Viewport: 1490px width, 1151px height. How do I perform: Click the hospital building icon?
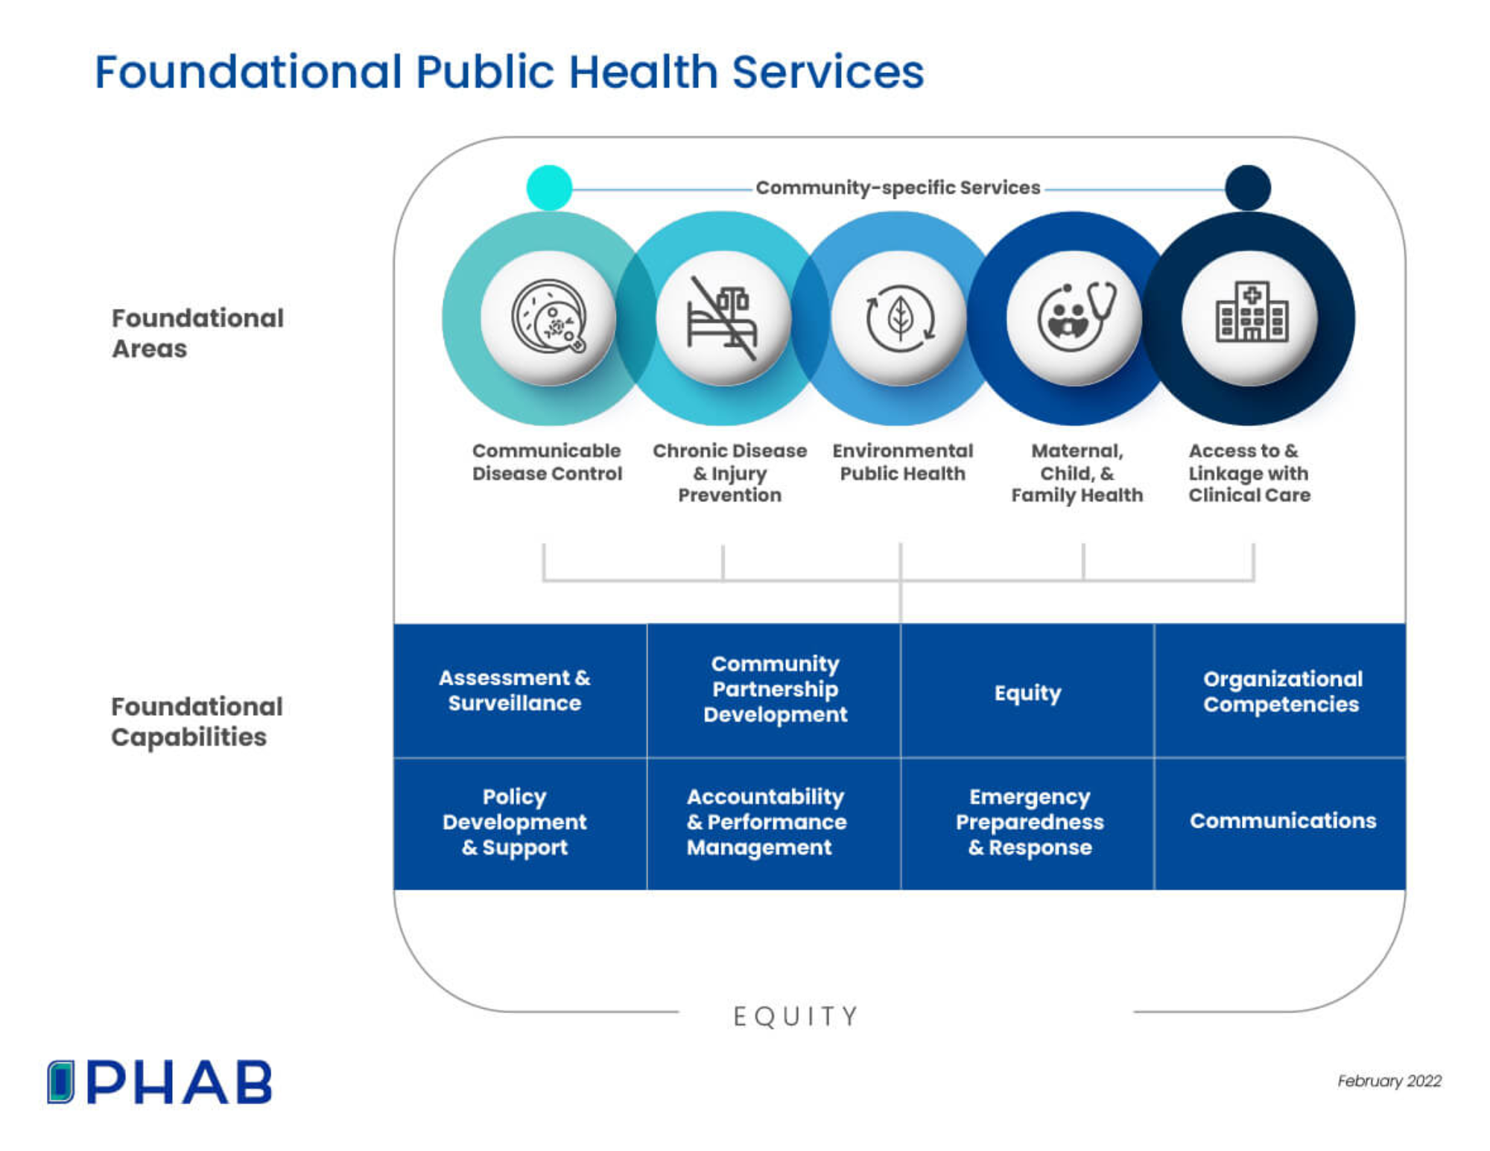click(x=1252, y=313)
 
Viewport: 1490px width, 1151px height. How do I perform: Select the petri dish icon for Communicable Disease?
click(x=549, y=317)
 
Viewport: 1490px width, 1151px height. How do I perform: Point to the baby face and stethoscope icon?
click(x=1075, y=317)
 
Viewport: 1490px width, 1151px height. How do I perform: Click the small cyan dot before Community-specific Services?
click(x=549, y=188)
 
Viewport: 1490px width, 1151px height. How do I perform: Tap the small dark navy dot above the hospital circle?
click(x=1248, y=188)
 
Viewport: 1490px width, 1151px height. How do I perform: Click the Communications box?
click(x=1281, y=821)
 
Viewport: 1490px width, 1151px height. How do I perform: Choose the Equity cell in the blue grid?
click(x=1027, y=692)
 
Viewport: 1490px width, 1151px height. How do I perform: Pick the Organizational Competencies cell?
click(x=1281, y=691)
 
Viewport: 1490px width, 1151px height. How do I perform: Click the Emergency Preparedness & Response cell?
click(x=1029, y=822)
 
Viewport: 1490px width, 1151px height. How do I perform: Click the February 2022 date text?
click(x=1389, y=1081)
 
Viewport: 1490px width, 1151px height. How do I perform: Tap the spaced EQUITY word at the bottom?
click(x=796, y=1016)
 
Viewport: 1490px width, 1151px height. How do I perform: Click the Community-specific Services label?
click(x=897, y=188)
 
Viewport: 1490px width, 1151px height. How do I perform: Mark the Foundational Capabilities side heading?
click(x=196, y=721)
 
